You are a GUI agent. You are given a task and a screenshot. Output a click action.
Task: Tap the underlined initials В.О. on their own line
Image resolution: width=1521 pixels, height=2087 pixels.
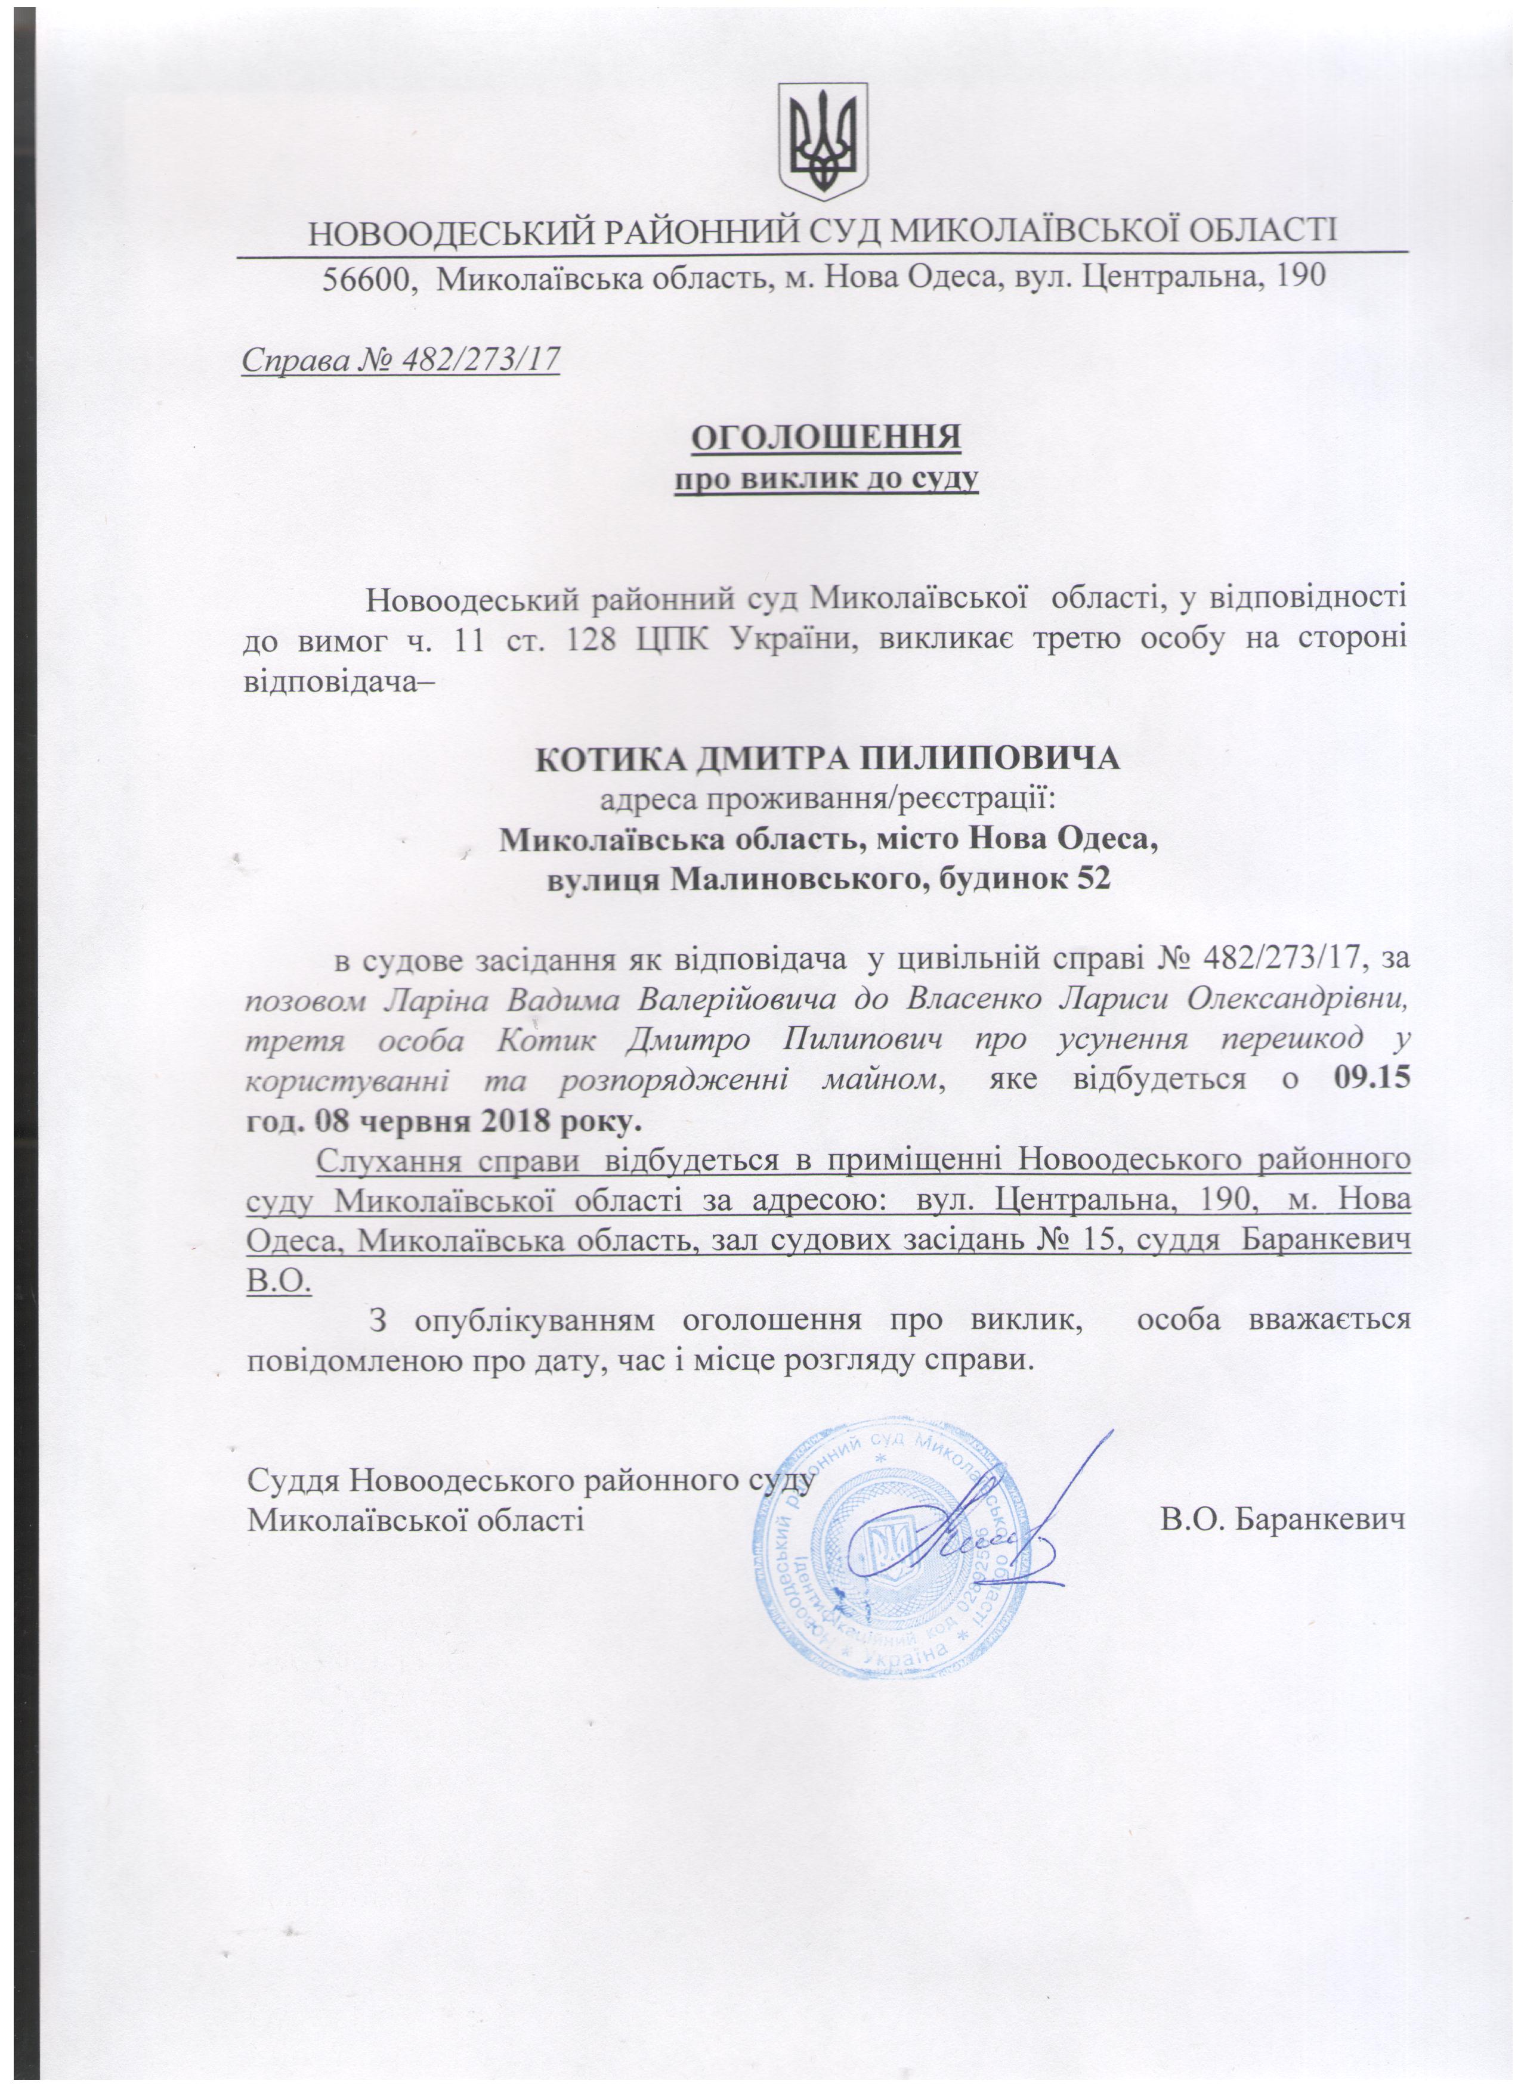click(280, 1281)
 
